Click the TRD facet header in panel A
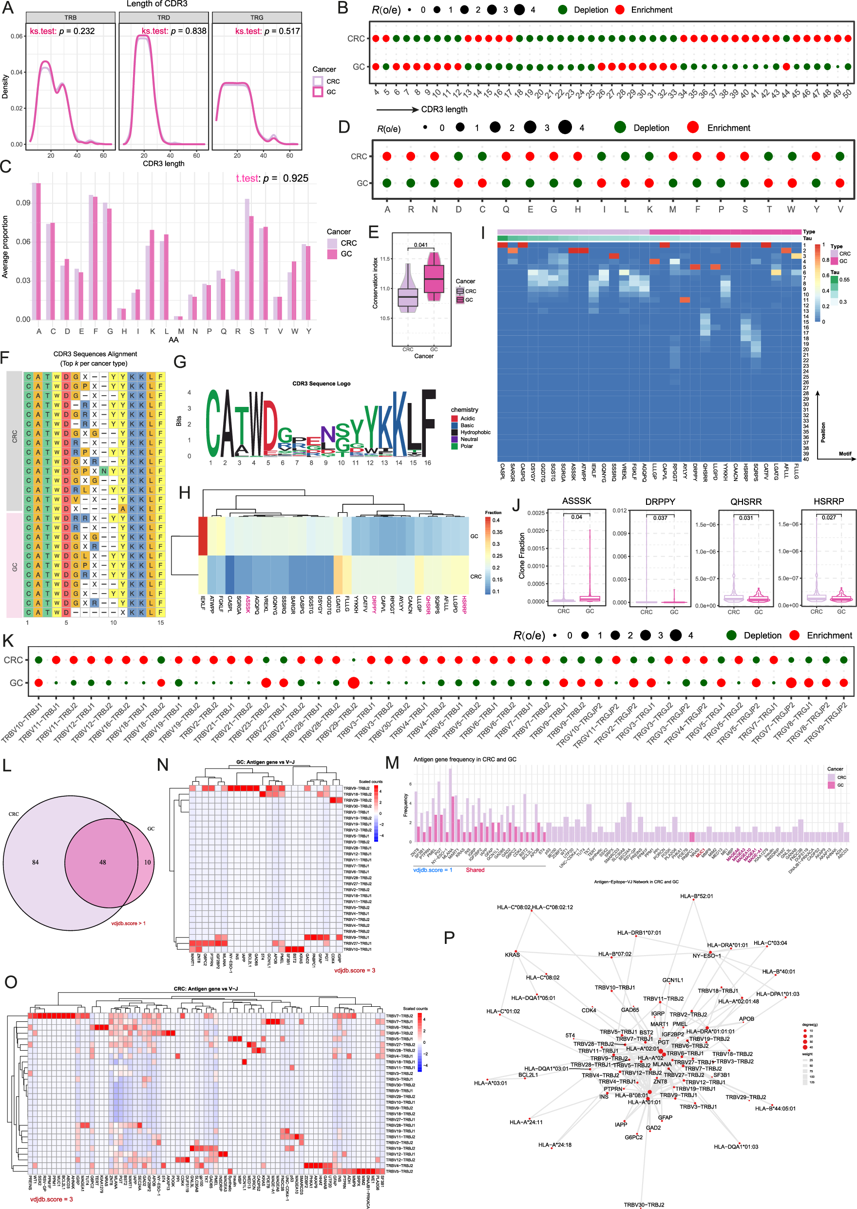(x=164, y=18)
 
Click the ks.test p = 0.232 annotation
(x=62, y=31)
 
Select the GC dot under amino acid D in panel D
(x=458, y=183)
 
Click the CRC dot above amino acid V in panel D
(x=840, y=156)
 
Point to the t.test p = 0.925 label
(x=272, y=178)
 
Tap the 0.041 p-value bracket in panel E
(x=420, y=245)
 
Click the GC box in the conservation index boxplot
(x=434, y=279)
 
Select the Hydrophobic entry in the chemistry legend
(x=475, y=432)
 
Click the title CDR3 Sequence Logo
(x=322, y=384)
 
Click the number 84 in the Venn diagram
(x=36, y=863)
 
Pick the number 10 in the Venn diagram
(x=147, y=863)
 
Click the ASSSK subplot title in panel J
(x=576, y=501)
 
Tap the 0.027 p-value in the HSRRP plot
(x=829, y=517)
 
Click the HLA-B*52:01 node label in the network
(x=696, y=896)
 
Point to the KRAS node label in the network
(x=512, y=955)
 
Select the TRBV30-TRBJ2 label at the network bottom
(x=644, y=1205)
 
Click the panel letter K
(x=8, y=641)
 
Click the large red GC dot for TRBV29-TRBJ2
(x=354, y=683)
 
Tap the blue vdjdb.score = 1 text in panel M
(x=432, y=870)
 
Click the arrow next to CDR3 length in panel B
(x=397, y=110)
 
